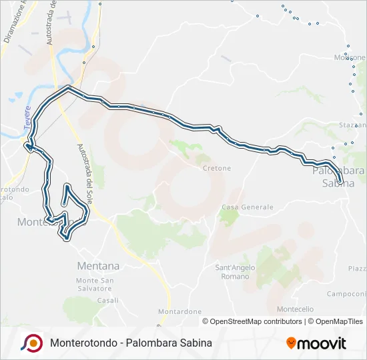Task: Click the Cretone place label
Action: click(217, 168)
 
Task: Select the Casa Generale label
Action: click(248, 207)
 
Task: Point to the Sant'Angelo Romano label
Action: click(232, 272)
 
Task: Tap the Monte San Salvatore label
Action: click(94, 285)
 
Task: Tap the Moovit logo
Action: click(316, 343)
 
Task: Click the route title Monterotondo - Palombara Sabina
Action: click(131, 343)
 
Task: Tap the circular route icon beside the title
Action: click(31, 343)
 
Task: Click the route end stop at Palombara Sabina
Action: click(340, 181)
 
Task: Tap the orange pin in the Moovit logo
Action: click(291, 343)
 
